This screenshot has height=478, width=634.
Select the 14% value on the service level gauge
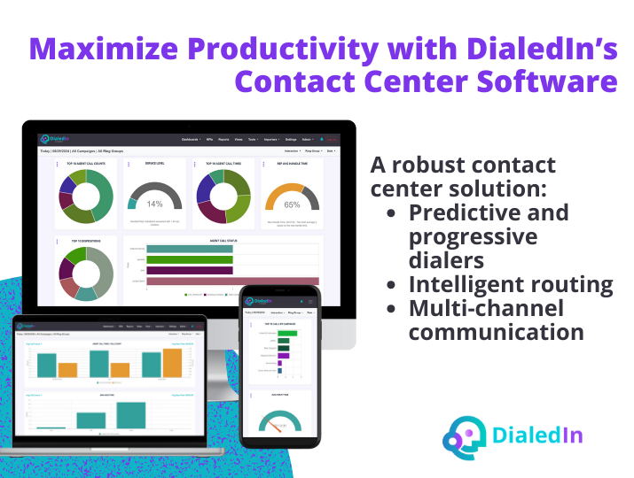click(x=155, y=204)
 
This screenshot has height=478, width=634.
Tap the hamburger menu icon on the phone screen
click(x=310, y=301)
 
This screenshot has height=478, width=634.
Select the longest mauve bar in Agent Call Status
click(x=232, y=281)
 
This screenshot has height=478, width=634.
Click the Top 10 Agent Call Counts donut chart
click(x=85, y=196)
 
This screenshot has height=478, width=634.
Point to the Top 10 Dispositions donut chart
click(x=85, y=271)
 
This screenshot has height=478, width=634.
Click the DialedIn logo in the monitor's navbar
click(x=53, y=139)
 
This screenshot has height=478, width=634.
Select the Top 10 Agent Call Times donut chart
click(x=223, y=196)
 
